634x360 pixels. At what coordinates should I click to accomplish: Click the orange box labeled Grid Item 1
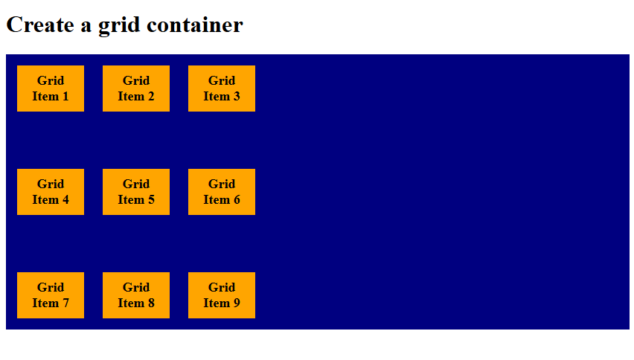point(51,89)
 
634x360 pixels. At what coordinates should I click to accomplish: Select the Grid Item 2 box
point(136,89)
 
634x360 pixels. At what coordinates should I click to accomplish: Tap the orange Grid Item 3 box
point(222,89)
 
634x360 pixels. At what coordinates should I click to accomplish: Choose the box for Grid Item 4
point(51,192)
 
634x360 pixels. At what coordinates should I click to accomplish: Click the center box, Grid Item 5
point(136,192)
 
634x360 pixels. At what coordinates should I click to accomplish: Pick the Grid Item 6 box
point(222,192)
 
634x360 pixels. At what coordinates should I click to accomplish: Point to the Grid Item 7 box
point(51,295)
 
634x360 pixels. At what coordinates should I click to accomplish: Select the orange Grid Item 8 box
point(136,295)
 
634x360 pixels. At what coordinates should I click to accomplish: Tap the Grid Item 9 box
point(222,295)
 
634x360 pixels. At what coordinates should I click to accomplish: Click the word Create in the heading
point(39,25)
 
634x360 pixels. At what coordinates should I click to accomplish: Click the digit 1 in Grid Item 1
point(65,96)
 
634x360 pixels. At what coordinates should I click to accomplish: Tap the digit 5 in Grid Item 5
point(151,199)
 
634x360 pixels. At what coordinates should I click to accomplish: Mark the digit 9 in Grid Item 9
point(237,303)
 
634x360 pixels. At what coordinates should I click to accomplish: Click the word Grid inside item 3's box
point(222,80)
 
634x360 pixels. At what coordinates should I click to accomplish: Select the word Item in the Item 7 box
point(45,303)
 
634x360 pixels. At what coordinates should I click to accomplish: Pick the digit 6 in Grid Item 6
point(237,199)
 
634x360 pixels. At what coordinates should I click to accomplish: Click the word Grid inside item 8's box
point(136,287)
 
